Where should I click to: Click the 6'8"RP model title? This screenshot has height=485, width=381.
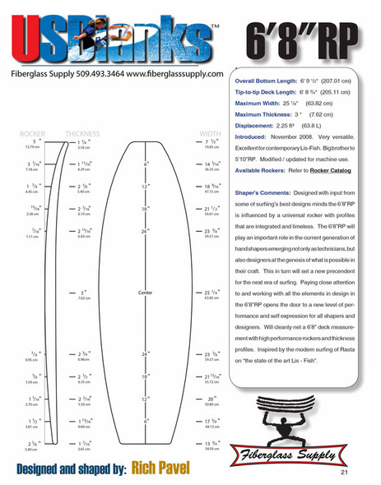point(309,37)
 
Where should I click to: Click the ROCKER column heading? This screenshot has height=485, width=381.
point(34,133)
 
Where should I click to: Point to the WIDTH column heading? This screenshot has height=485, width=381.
point(211,133)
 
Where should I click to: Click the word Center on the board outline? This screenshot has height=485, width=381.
point(146,292)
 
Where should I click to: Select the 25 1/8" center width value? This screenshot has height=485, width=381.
point(209,293)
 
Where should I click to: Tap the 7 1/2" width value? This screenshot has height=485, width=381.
point(210,141)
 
